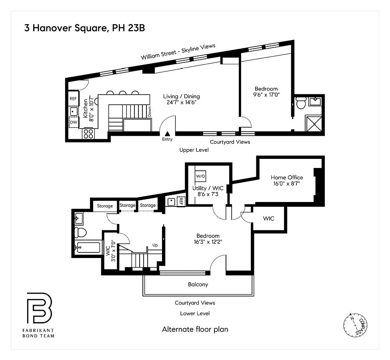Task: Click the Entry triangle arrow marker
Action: point(167,134)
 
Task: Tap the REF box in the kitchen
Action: point(73,98)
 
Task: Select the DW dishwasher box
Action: point(74,122)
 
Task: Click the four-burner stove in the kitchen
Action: point(88,133)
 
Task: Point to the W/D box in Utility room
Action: point(200,176)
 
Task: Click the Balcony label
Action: point(198,284)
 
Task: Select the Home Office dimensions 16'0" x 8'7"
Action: point(286,184)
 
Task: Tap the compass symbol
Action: point(356,325)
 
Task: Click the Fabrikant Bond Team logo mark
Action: point(39,308)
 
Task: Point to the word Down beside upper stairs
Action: point(150,112)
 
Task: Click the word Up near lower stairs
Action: point(155,245)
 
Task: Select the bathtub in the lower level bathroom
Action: point(88,247)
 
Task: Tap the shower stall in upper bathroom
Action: point(314,124)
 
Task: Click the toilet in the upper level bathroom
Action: point(301,103)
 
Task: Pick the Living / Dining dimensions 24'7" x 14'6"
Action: point(182,102)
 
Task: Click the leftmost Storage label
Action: point(105,206)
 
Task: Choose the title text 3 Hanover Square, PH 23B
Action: point(84,28)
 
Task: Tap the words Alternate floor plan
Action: point(195,329)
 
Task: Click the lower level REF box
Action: point(181,201)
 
